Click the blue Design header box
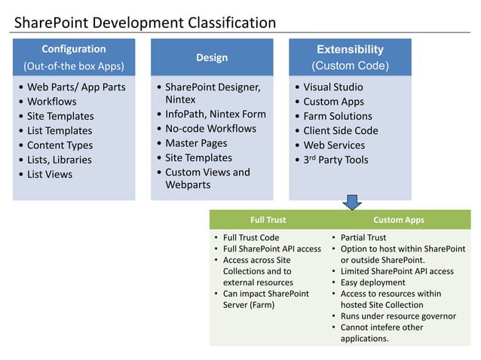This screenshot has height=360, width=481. [212, 57]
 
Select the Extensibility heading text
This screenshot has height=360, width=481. [350, 50]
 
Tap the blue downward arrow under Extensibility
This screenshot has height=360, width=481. [352, 202]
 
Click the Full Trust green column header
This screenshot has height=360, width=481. [268, 220]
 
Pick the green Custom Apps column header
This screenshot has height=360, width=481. [398, 220]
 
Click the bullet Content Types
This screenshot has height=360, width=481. [60, 145]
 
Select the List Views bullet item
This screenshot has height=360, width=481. [50, 174]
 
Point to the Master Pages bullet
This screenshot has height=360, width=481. [196, 143]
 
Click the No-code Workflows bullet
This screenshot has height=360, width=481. [210, 129]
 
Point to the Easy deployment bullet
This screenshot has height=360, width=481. [372, 282]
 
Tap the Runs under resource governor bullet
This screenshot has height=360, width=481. [398, 316]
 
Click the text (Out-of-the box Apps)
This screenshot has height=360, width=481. [74, 66]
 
